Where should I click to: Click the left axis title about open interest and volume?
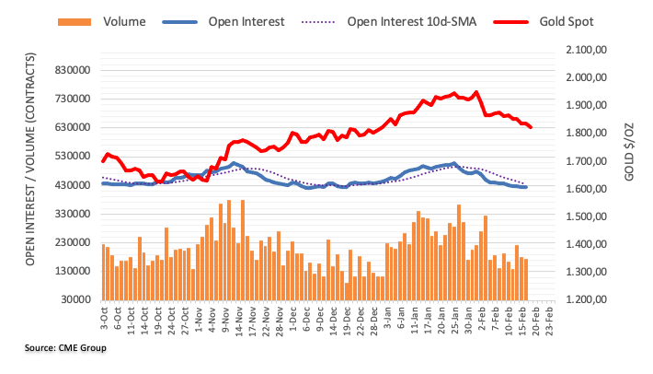click(31, 175)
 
